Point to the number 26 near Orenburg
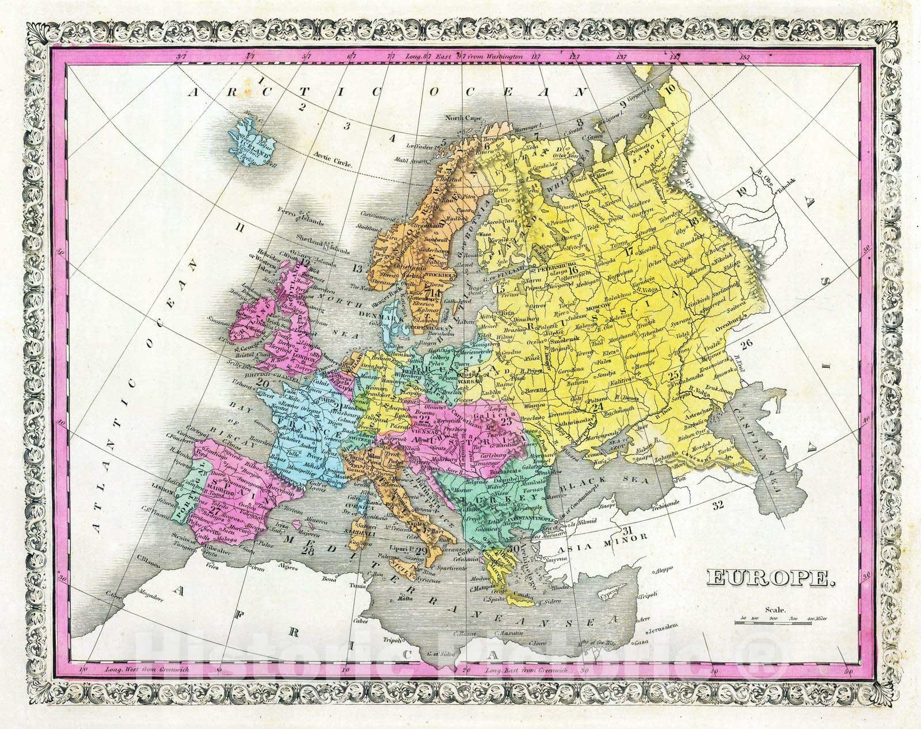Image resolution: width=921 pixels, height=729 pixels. point(747,344)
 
